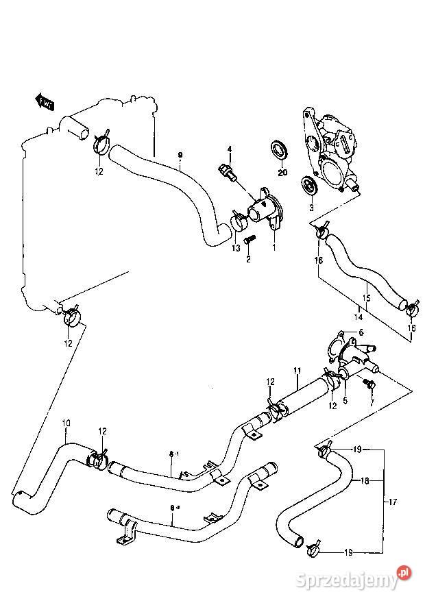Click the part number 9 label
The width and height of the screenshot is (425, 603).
coord(180,155)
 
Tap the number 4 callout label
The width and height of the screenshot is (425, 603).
coord(230,149)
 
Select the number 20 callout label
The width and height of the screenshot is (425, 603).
coord(282,171)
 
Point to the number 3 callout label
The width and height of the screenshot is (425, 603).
coord(311,207)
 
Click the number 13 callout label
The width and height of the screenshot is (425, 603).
coord(236,248)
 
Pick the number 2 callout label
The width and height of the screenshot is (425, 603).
coord(249,259)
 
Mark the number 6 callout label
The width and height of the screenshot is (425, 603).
coord(361,332)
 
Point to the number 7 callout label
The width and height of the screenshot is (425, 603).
coord(372,402)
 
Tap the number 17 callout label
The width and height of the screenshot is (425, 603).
coord(393,502)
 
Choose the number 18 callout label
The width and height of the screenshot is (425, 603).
coord(365,481)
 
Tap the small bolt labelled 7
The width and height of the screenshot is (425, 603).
coord(371,386)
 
